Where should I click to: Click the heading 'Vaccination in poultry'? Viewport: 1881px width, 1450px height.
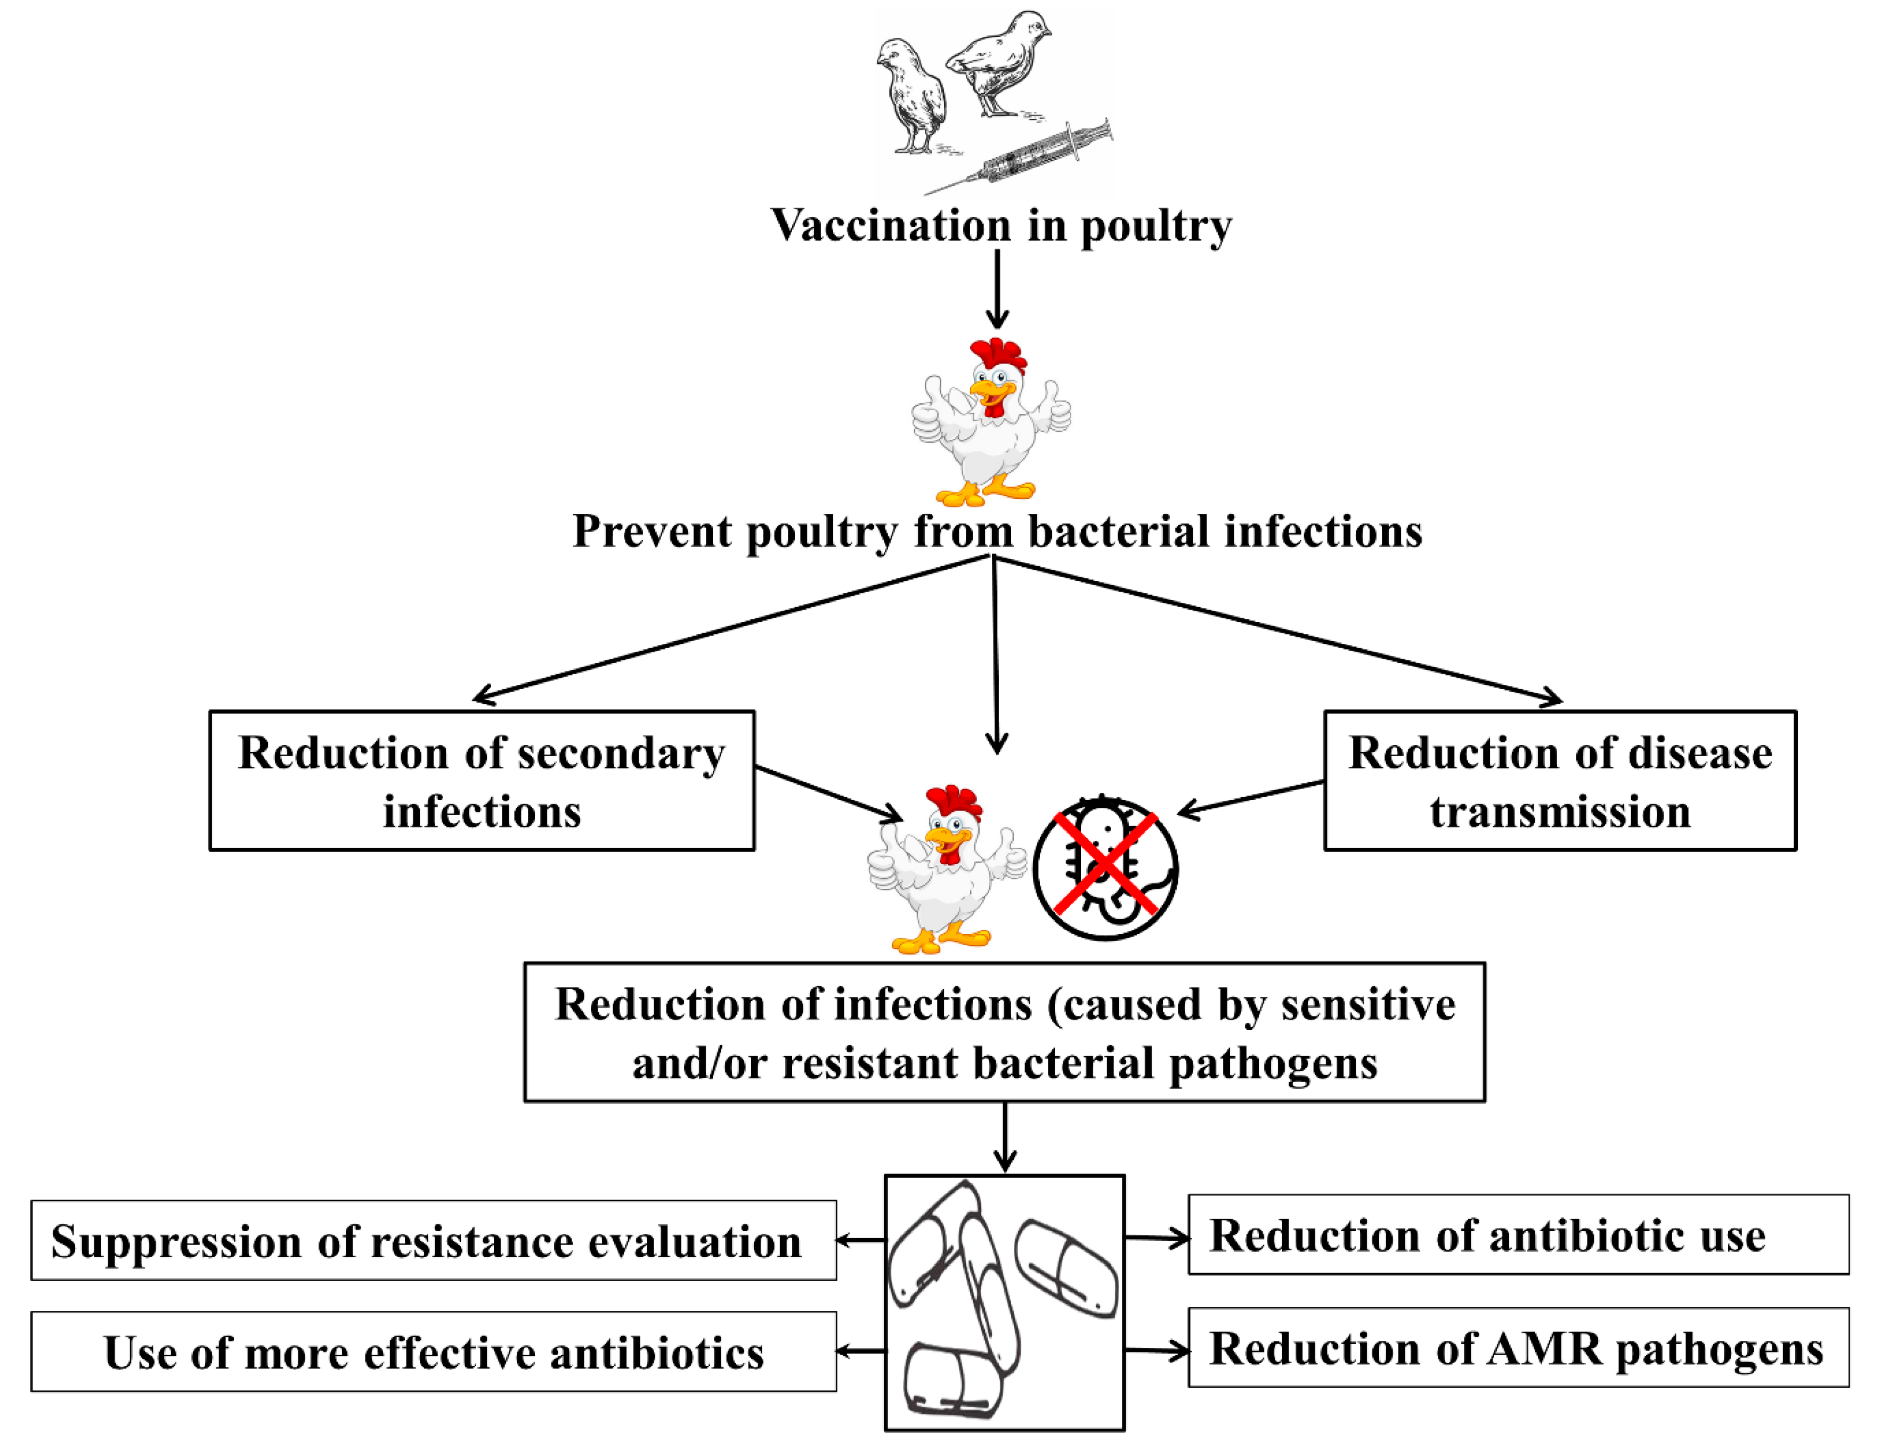tap(1001, 226)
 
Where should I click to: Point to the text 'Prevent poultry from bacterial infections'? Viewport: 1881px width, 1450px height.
tap(997, 531)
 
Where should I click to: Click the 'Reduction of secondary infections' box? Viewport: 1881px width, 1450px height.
tap(482, 781)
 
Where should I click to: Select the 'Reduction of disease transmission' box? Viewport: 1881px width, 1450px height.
tap(1560, 781)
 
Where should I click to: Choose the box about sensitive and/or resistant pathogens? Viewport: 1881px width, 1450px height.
tap(1004, 1033)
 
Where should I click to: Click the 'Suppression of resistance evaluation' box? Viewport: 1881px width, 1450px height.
tap(433, 1241)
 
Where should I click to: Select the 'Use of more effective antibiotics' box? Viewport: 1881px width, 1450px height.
tap(433, 1352)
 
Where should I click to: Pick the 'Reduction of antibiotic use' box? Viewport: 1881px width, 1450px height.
tap(1518, 1235)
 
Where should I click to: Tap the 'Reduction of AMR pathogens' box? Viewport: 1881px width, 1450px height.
tap(1518, 1348)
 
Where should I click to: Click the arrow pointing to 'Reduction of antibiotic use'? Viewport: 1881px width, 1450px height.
tap(1156, 1238)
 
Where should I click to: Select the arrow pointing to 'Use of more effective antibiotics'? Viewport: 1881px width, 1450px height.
tap(861, 1351)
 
